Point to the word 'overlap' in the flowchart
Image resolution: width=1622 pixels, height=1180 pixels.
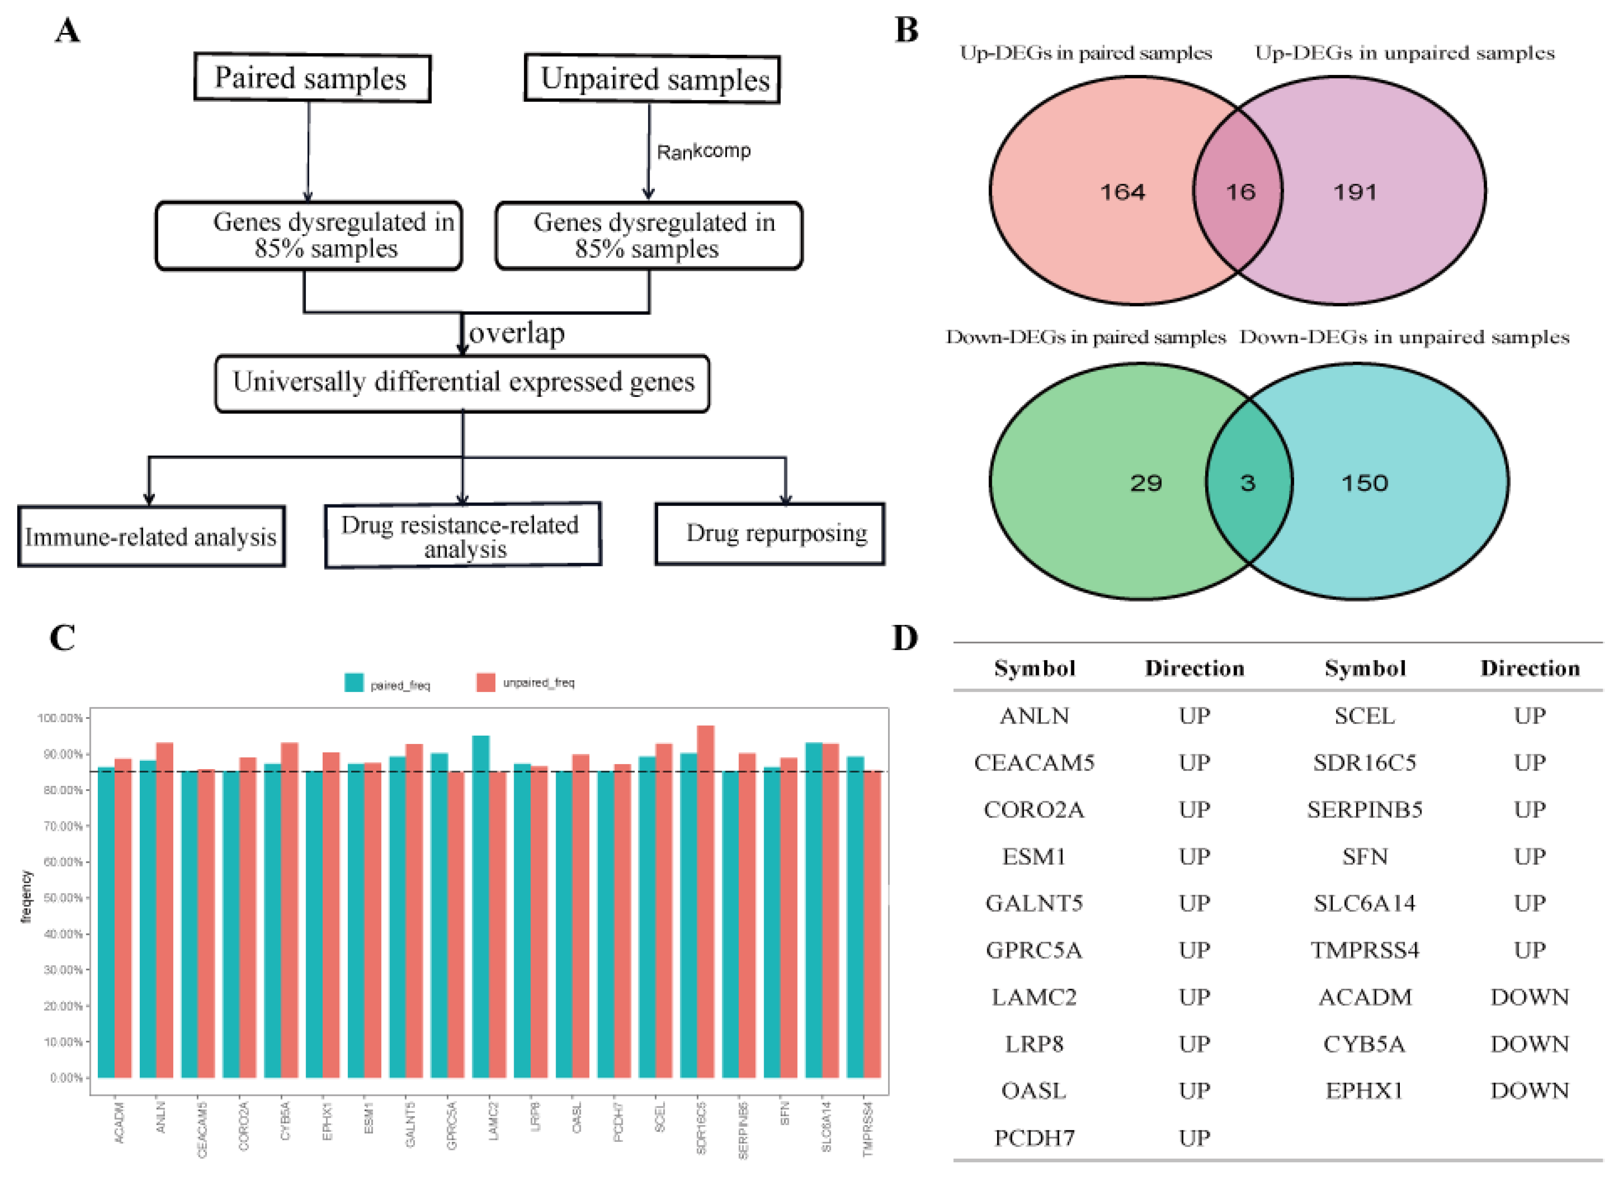coord(516,333)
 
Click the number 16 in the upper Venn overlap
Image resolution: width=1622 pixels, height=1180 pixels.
coord(1240,192)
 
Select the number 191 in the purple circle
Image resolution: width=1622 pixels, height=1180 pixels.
coord(1355,192)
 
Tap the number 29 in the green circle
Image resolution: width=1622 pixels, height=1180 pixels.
coord(1146,483)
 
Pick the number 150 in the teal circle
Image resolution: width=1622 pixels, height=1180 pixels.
coord(1364,483)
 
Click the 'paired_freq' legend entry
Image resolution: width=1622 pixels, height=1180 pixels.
coord(387,684)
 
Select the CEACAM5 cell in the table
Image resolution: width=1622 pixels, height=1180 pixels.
coord(1034,763)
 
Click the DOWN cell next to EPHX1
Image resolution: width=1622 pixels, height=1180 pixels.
coord(1529,1091)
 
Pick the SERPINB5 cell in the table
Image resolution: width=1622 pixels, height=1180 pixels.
coord(1364,810)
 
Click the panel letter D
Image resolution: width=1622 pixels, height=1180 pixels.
coord(905,637)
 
